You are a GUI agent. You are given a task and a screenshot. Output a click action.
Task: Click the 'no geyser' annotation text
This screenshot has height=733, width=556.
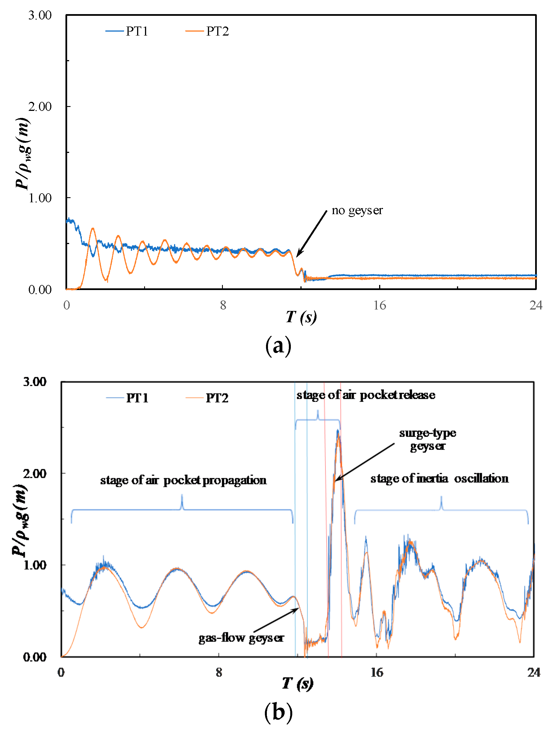[x=357, y=210]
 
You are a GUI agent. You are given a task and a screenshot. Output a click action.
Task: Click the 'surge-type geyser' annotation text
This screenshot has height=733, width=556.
[x=427, y=439]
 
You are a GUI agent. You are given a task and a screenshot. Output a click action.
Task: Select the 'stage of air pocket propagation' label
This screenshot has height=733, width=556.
[x=183, y=480]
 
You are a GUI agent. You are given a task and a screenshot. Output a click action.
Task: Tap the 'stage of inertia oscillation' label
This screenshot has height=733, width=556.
[x=439, y=479]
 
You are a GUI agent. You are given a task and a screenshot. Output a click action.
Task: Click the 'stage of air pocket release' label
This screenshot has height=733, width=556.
[x=366, y=395]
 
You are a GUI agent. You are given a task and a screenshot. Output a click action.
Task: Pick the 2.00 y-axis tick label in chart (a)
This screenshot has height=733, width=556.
[x=40, y=107]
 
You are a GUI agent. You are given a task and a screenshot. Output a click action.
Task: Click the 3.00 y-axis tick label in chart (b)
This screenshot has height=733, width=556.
[x=34, y=382]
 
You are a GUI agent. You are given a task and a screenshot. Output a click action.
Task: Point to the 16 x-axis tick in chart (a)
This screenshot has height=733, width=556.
[x=379, y=305]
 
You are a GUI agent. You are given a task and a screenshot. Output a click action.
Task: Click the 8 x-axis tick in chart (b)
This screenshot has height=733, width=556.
[x=219, y=672]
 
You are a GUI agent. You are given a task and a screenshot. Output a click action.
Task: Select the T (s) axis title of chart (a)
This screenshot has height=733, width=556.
[x=301, y=317]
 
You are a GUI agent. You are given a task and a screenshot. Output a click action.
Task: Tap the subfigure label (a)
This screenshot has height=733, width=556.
[x=278, y=346]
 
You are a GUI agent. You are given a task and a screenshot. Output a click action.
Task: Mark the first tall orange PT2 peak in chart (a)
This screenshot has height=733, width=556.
[x=93, y=228]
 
